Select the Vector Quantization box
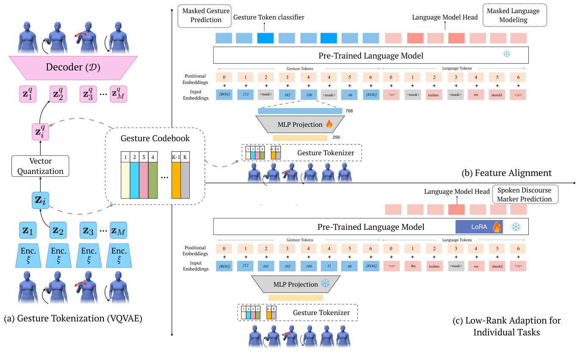(x=40, y=166)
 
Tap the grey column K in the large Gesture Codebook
(x=185, y=174)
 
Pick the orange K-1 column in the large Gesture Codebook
(x=175, y=174)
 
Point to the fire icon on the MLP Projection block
(x=329, y=124)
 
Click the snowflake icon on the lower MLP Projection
(x=325, y=284)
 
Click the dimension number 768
(x=349, y=111)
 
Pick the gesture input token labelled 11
(x=329, y=266)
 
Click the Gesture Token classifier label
(x=269, y=17)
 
